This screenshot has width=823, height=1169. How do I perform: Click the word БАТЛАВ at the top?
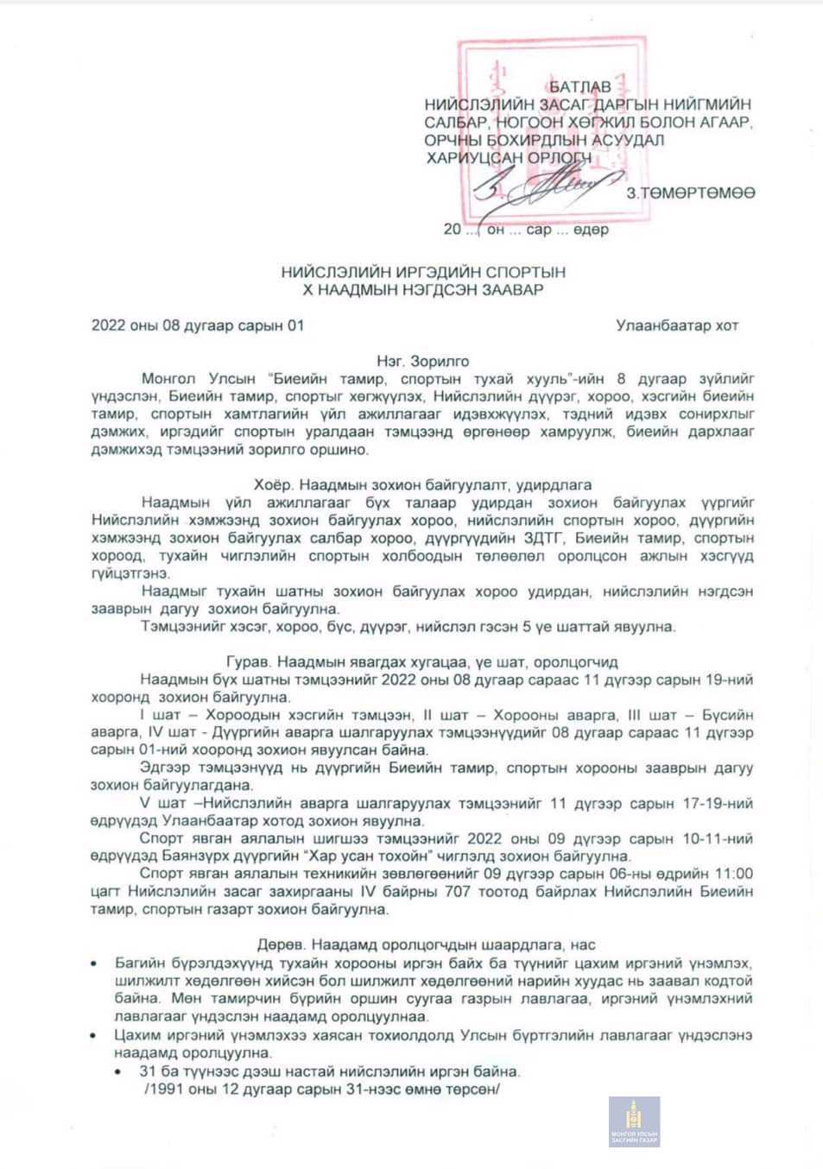[579, 86]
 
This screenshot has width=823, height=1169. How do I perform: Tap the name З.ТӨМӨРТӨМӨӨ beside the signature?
[691, 192]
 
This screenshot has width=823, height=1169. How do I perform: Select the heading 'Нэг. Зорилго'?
[423, 361]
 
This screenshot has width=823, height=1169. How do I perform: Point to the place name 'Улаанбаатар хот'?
[677, 325]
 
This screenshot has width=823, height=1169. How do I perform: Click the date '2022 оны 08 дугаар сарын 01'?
[198, 325]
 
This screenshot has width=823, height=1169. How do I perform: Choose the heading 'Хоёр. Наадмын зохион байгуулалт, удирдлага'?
[423, 484]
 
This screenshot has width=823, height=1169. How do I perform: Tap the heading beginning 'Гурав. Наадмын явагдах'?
[423, 662]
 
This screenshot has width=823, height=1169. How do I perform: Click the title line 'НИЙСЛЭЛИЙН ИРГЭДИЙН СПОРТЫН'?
[423, 272]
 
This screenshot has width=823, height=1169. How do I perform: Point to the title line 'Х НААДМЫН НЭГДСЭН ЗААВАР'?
[423, 289]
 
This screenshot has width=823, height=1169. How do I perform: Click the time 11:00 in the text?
[732, 874]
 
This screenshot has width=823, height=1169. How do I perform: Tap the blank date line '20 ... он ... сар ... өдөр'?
[526, 230]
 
